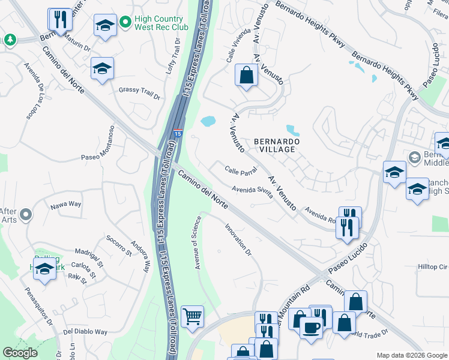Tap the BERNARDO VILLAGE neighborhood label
275,145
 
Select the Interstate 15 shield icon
178,131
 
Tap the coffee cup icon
310,328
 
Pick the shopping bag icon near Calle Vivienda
246,75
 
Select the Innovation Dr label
238,239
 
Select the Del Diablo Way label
85,331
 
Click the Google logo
20,353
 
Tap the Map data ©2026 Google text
411,355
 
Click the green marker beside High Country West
125,23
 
